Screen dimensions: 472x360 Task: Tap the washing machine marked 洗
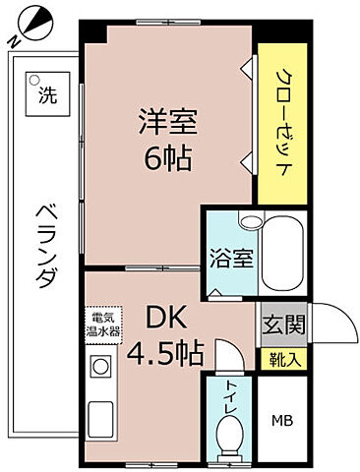pyautogui.click(x=45, y=94)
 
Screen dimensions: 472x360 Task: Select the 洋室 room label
pyautogui.click(x=166, y=122)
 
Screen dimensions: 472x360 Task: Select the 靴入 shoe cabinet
pyautogui.click(x=280, y=360)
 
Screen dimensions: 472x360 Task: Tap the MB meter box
pyautogui.click(x=280, y=422)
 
